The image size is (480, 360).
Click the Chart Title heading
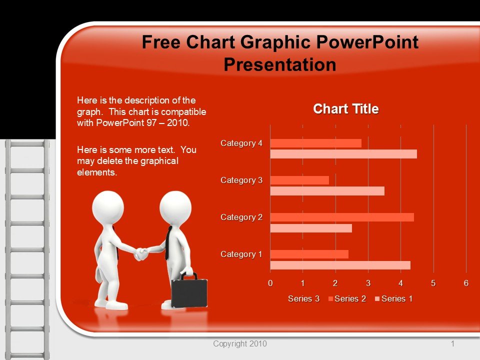346,109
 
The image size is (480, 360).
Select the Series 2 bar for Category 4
315,143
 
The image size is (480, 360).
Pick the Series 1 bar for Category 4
343,154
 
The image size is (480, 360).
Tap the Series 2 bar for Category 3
299,180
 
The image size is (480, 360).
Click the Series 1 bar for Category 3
327,191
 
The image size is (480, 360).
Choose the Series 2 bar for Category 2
342,217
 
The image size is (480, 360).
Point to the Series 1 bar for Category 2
311,228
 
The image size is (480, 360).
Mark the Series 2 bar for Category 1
309,254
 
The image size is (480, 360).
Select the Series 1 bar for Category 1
340,265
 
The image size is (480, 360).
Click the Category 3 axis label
241,180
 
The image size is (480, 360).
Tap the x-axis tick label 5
433,283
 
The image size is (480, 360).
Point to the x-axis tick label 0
270,283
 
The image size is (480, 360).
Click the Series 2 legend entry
347,299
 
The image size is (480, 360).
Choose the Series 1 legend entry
394,299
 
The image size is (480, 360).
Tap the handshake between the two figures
141,253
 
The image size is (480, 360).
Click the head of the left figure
108,207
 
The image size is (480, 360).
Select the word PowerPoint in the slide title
367,42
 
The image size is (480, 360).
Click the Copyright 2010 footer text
240,344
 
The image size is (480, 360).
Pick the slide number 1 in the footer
453,344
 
